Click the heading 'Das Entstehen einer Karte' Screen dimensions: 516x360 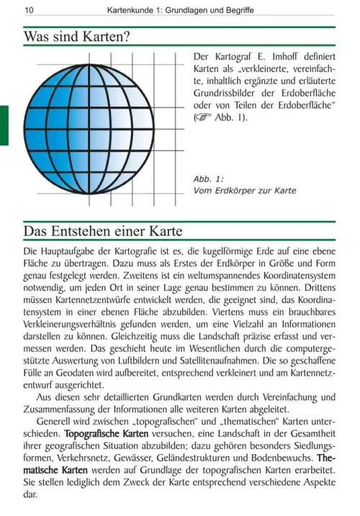(x=102, y=231)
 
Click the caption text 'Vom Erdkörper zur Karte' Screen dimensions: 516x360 (x=245, y=191)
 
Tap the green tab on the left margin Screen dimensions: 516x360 (x=4, y=125)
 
